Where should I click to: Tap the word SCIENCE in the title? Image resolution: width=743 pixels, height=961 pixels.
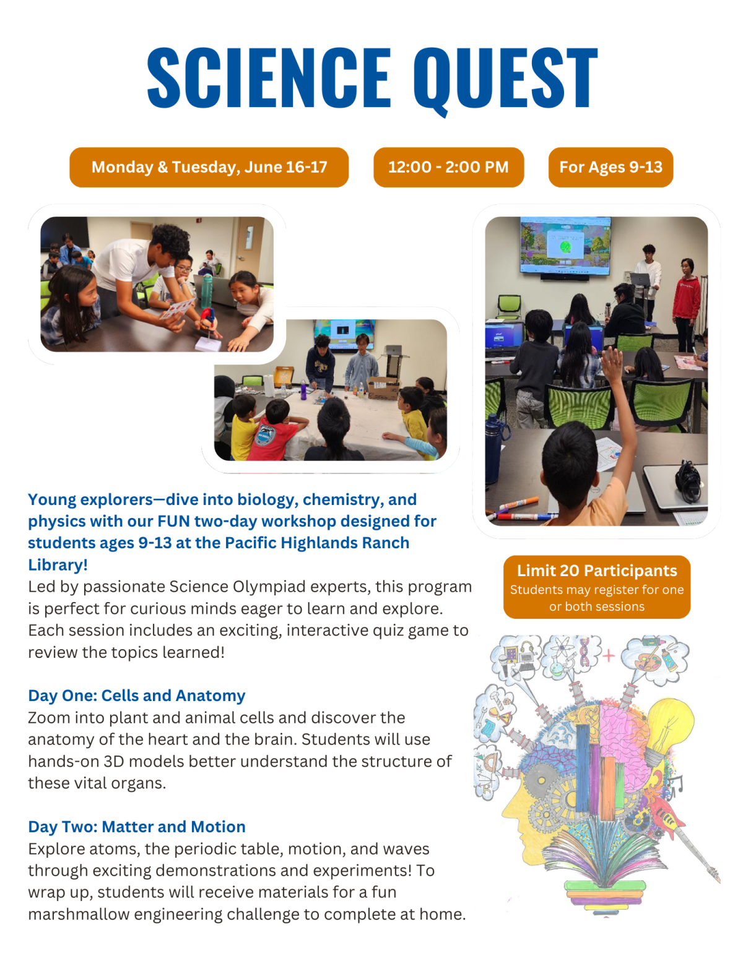(269, 79)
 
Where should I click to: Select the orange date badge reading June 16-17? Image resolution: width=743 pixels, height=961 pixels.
(209, 167)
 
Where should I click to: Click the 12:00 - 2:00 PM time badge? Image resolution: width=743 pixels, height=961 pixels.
(448, 167)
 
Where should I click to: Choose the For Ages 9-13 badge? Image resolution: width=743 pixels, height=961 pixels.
(610, 167)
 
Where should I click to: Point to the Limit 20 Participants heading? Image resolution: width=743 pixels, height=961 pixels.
(597, 571)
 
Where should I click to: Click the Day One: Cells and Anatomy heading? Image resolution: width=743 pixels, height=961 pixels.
(136, 696)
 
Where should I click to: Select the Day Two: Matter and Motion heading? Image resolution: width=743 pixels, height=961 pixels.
(136, 827)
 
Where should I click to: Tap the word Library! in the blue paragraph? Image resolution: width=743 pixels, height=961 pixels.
(58, 565)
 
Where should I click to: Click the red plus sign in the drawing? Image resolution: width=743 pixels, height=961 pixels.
(609, 655)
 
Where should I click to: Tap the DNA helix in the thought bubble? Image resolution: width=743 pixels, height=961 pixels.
(584, 653)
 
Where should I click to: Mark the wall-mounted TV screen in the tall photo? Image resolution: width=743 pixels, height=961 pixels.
(565, 245)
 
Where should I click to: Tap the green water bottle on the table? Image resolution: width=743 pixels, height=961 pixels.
(207, 291)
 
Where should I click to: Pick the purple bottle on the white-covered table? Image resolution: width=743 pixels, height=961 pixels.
(303, 390)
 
